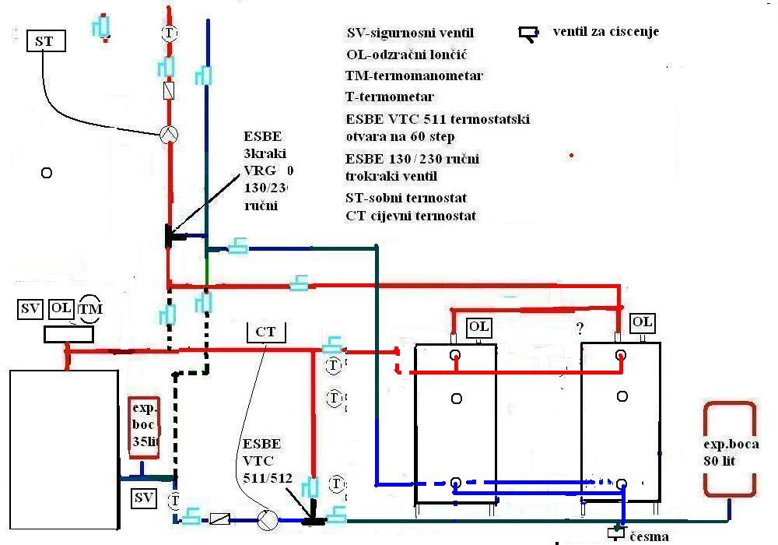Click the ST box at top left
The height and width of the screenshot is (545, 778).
tap(45, 40)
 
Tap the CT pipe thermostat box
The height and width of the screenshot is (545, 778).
tap(265, 332)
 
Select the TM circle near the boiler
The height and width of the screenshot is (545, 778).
tap(89, 309)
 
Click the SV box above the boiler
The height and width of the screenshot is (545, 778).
tap(30, 309)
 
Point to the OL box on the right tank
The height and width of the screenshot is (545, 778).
tap(643, 322)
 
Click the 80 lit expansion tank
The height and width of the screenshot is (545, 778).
tap(729, 449)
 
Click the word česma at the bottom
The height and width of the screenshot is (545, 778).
tap(649, 536)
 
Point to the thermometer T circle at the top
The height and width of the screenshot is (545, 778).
tap(170, 33)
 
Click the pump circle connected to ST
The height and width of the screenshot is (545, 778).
tap(169, 134)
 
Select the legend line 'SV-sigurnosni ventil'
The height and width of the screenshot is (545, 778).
tap(409, 33)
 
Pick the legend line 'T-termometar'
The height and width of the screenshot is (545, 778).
tap(389, 97)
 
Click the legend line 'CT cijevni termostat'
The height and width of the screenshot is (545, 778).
tap(411, 216)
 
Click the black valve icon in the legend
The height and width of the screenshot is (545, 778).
tap(529, 33)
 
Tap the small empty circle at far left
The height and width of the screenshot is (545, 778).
tap(47, 173)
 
